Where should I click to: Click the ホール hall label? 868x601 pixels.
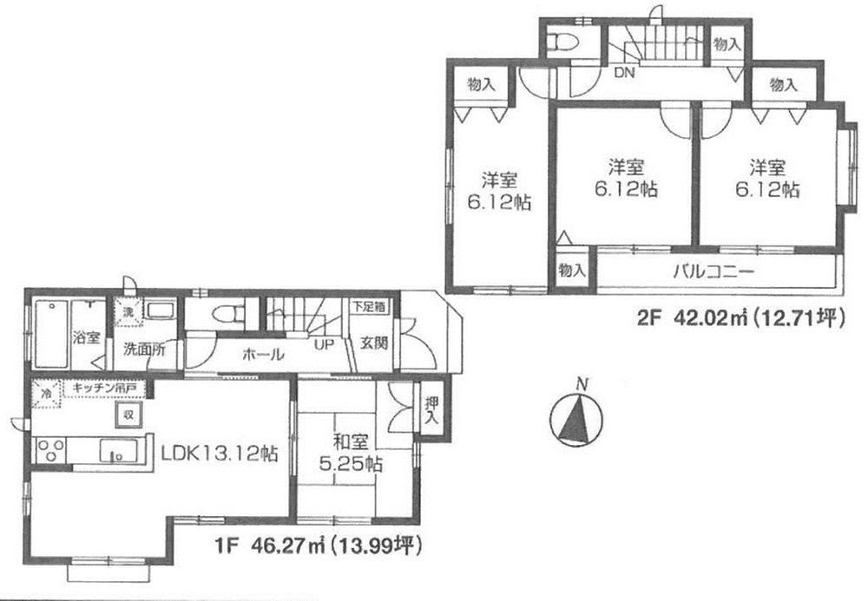[x=261, y=354]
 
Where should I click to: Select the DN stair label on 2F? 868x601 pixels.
[x=624, y=74]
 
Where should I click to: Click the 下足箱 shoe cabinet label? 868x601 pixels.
[x=370, y=306]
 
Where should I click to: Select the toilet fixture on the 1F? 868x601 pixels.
[x=225, y=314]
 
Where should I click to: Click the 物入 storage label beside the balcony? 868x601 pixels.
[x=570, y=270]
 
